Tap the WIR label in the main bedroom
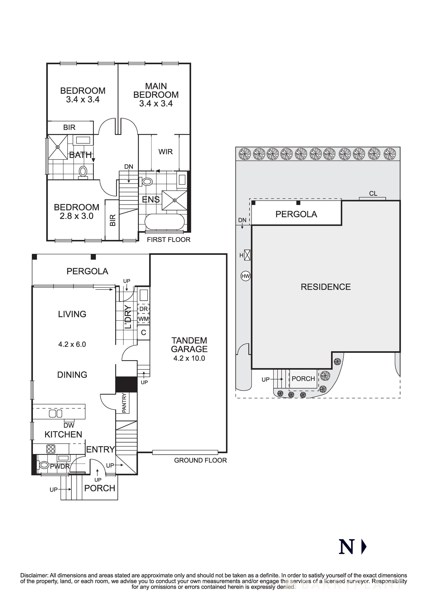click(166, 152)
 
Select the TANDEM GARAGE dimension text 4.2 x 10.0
click(189, 358)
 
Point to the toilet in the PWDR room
click(43, 465)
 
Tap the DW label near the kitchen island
click(69, 425)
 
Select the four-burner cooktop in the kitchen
click(51, 449)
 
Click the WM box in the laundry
click(143, 319)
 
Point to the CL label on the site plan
click(373, 194)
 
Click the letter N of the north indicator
click(347, 547)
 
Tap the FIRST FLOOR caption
click(168, 240)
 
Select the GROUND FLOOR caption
click(200, 460)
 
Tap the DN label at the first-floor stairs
click(129, 166)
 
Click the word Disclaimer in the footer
click(34, 575)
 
